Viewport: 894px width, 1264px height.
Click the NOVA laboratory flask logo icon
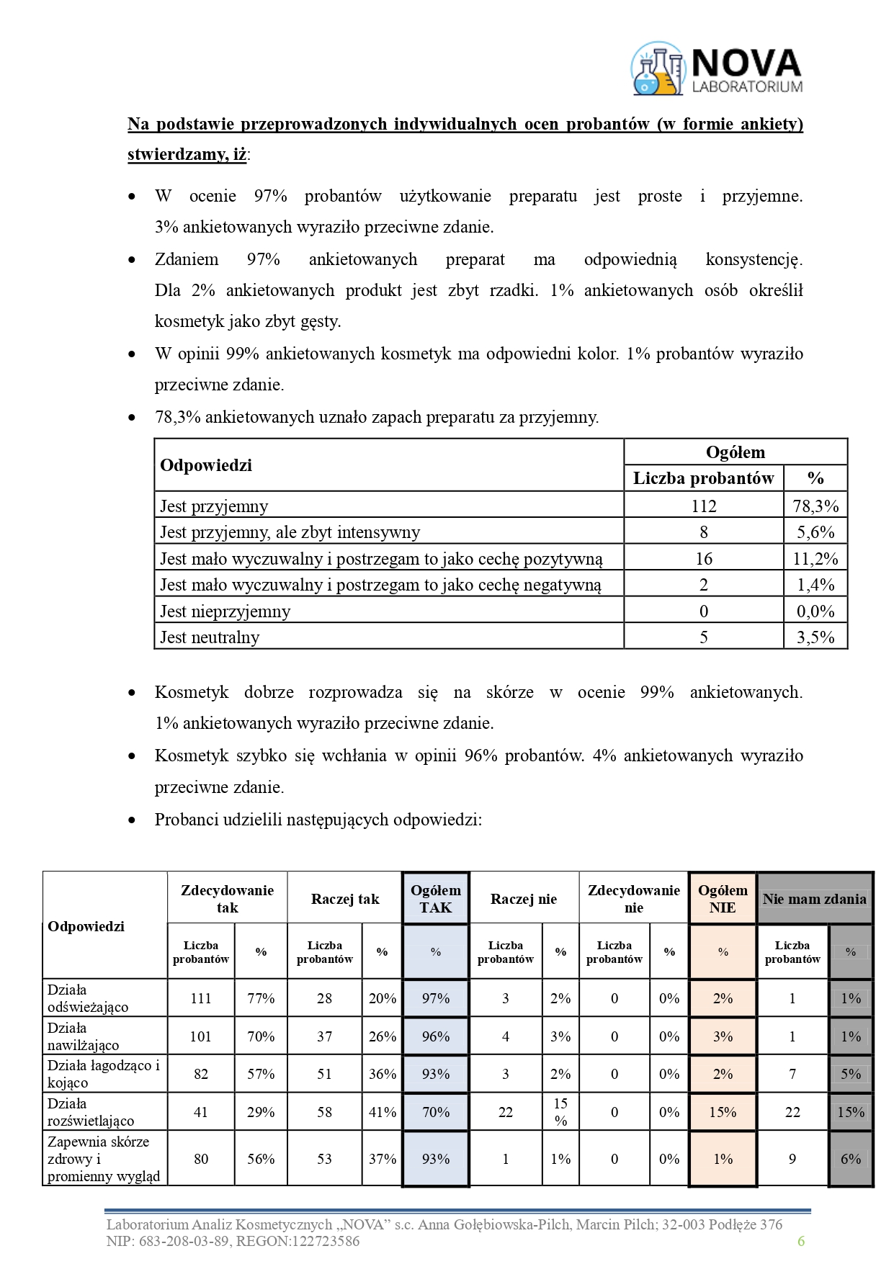coord(657,69)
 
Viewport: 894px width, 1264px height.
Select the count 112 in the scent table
coord(703,506)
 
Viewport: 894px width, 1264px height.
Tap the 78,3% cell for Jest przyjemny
coord(815,506)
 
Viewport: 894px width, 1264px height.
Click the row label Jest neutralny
coord(210,637)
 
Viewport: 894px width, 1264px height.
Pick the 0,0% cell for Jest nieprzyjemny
coord(815,611)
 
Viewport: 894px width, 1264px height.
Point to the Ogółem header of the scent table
coord(735,452)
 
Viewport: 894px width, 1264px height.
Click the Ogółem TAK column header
coord(436,899)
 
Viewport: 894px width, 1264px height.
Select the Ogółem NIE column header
coord(723,899)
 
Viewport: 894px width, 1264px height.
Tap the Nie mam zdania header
coord(814,899)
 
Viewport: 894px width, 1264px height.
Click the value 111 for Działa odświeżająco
coord(201,998)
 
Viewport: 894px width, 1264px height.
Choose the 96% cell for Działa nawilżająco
coord(436,1036)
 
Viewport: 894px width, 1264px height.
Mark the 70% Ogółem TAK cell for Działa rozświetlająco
coord(436,1112)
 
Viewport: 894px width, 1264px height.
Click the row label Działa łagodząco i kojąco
coord(104,1074)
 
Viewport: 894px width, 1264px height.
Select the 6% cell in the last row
coord(851,1159)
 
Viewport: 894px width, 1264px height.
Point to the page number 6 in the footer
coord(801,1241)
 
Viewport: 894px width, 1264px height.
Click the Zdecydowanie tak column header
coord(227,899)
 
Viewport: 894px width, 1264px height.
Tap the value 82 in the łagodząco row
coord(201,1074)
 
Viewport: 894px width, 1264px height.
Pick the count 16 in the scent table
coord(703,559)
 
